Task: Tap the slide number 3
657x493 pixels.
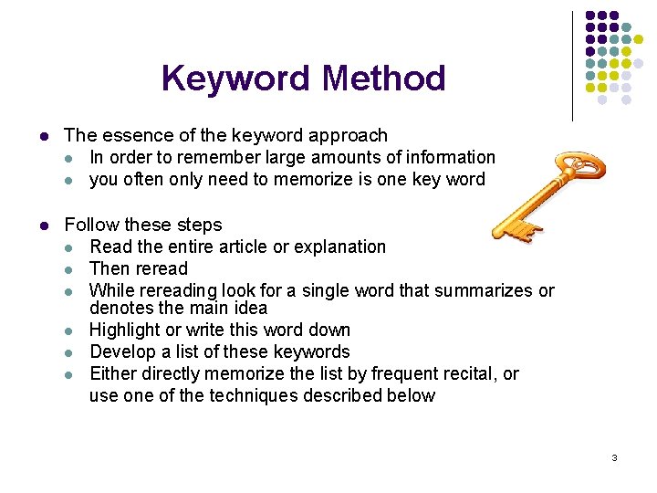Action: (614, 456)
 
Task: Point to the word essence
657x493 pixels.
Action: (138, 135)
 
